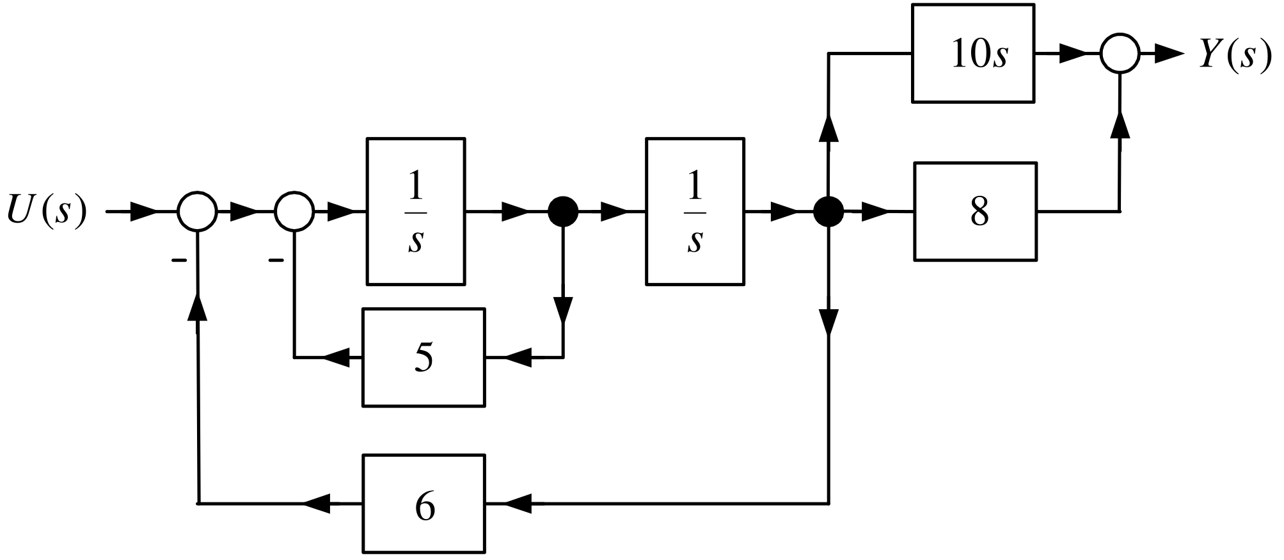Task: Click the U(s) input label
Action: tap(46, 211)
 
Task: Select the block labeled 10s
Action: tap(972, 53)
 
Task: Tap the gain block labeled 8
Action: tap(976, 211)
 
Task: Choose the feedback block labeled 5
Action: tap(424, 357)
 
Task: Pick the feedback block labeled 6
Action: tap(424, 504)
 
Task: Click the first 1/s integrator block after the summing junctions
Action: tap(416, 211)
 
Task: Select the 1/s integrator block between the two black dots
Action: tap(695, 211)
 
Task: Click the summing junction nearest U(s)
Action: tap(198, 211)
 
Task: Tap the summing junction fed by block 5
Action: tap(294, 211)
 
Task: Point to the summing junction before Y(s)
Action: tap(1120, 54)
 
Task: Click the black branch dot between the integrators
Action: tap(563, 211)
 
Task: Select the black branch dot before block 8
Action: tap(828, 211)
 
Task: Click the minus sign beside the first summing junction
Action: tap(178, 260)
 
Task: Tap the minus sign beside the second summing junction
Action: tap(276, 260)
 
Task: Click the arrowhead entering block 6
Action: tap(518, 504)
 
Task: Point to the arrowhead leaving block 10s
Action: tap(1074, 54)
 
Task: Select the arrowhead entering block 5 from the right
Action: tap(518, 357)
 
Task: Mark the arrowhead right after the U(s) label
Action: tap(143, 211)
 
